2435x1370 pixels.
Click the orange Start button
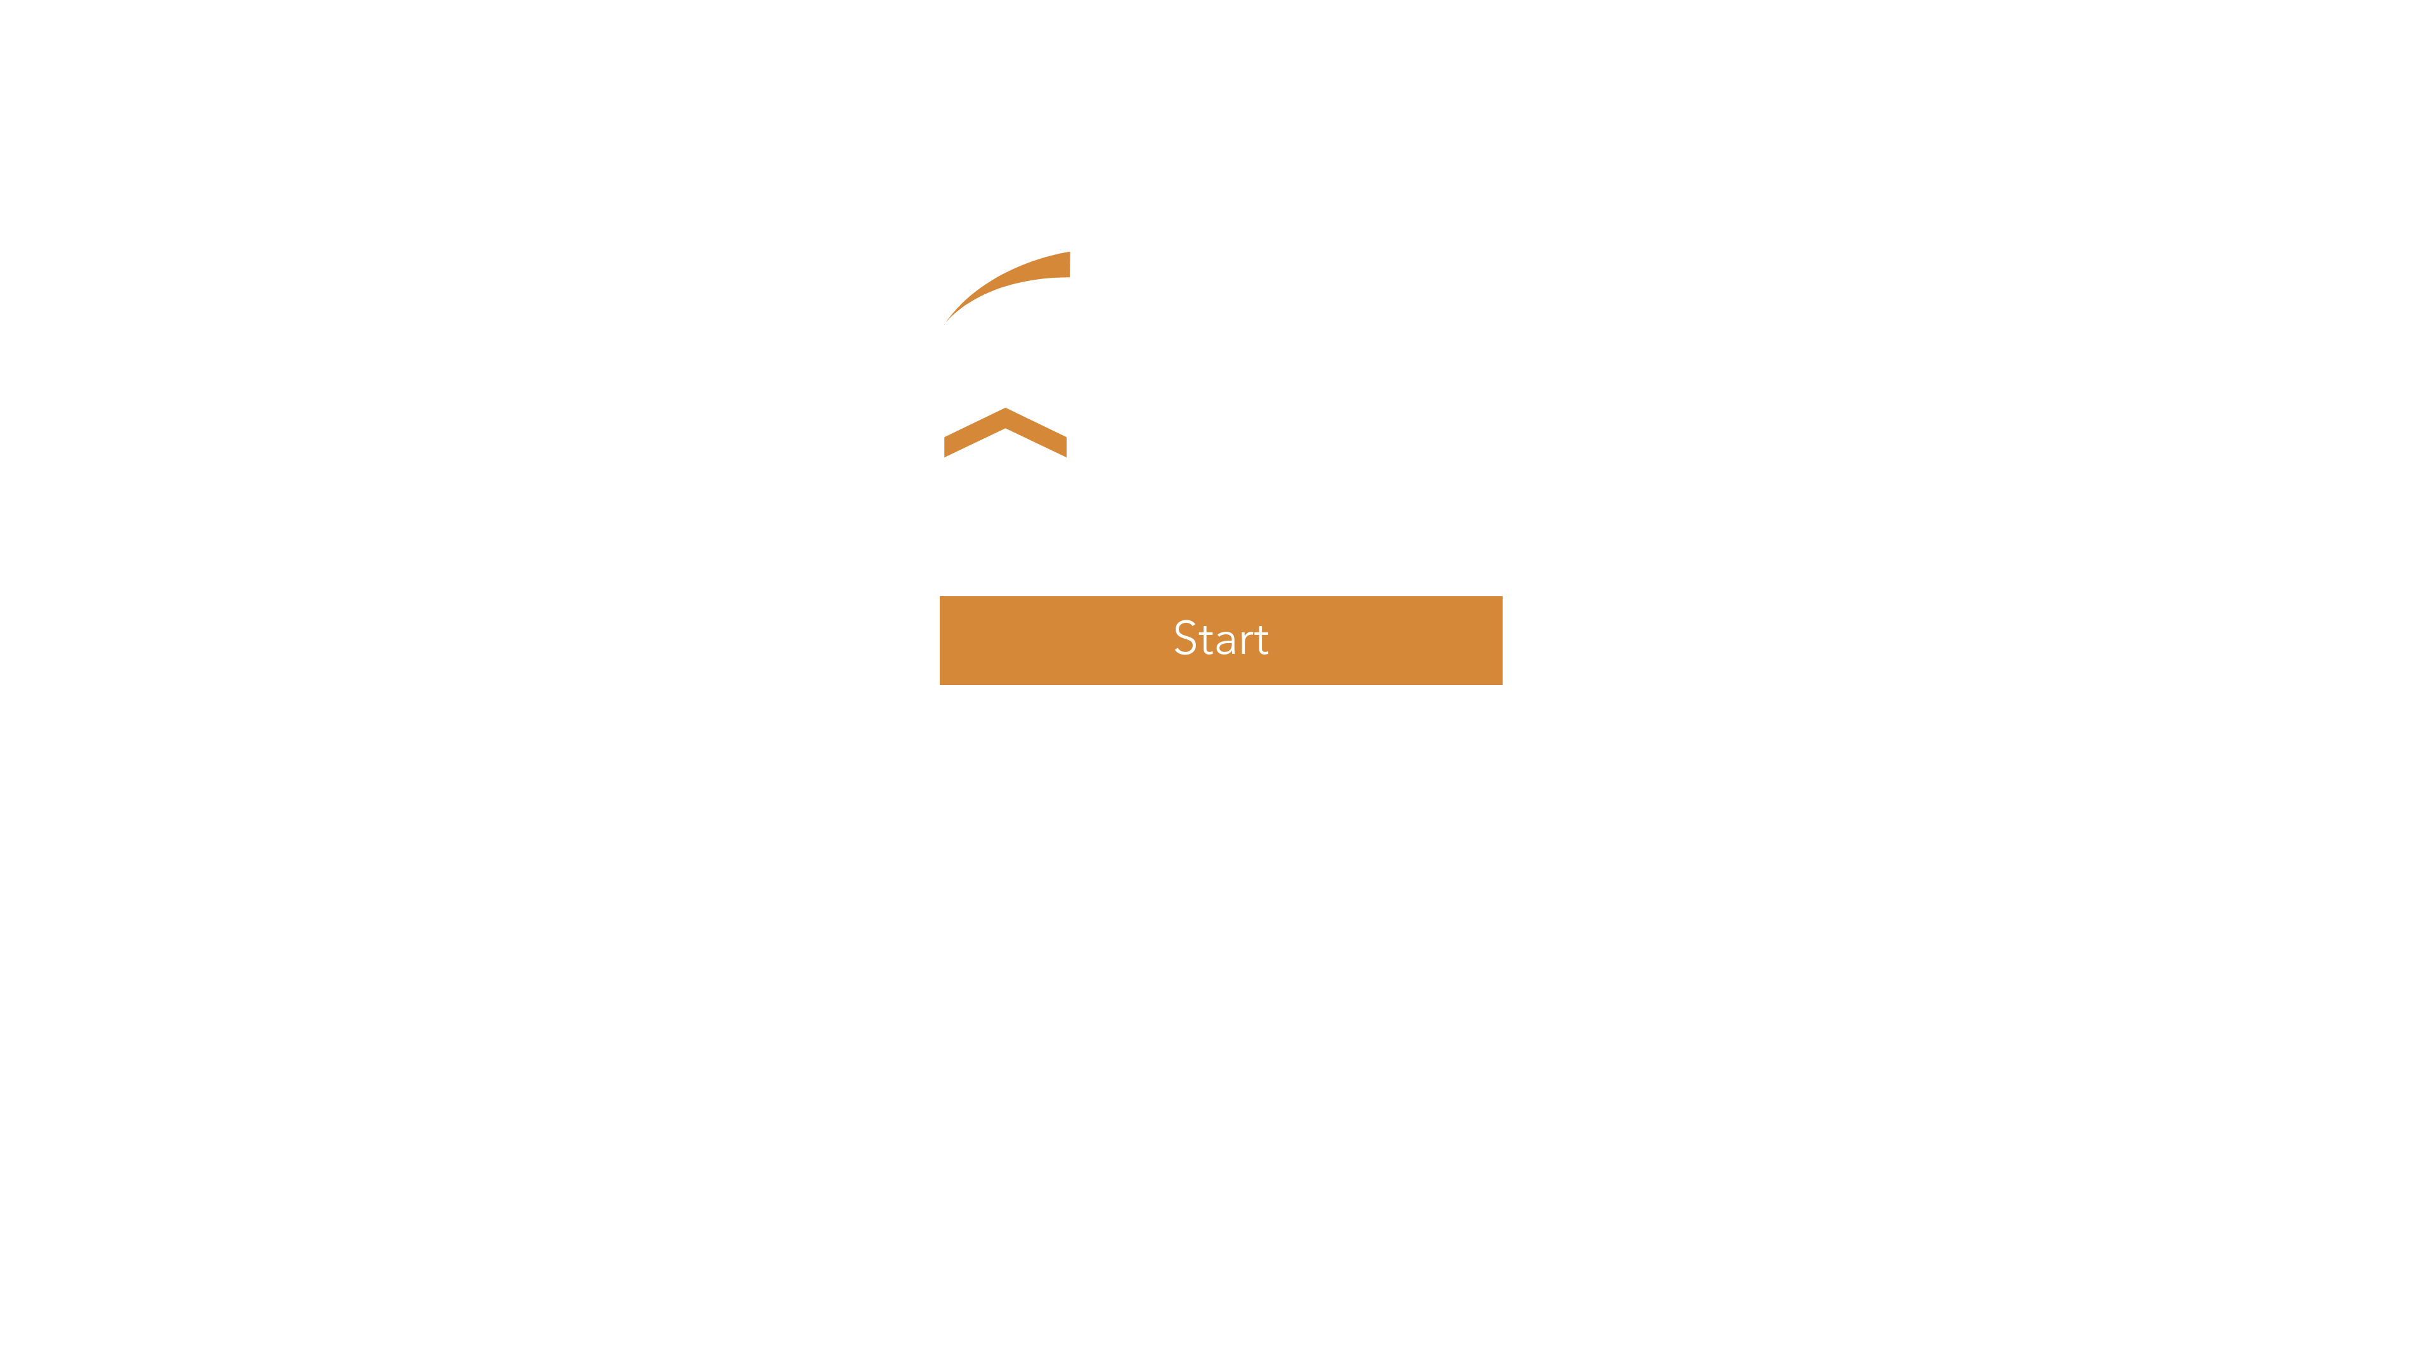click(1219, 640)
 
